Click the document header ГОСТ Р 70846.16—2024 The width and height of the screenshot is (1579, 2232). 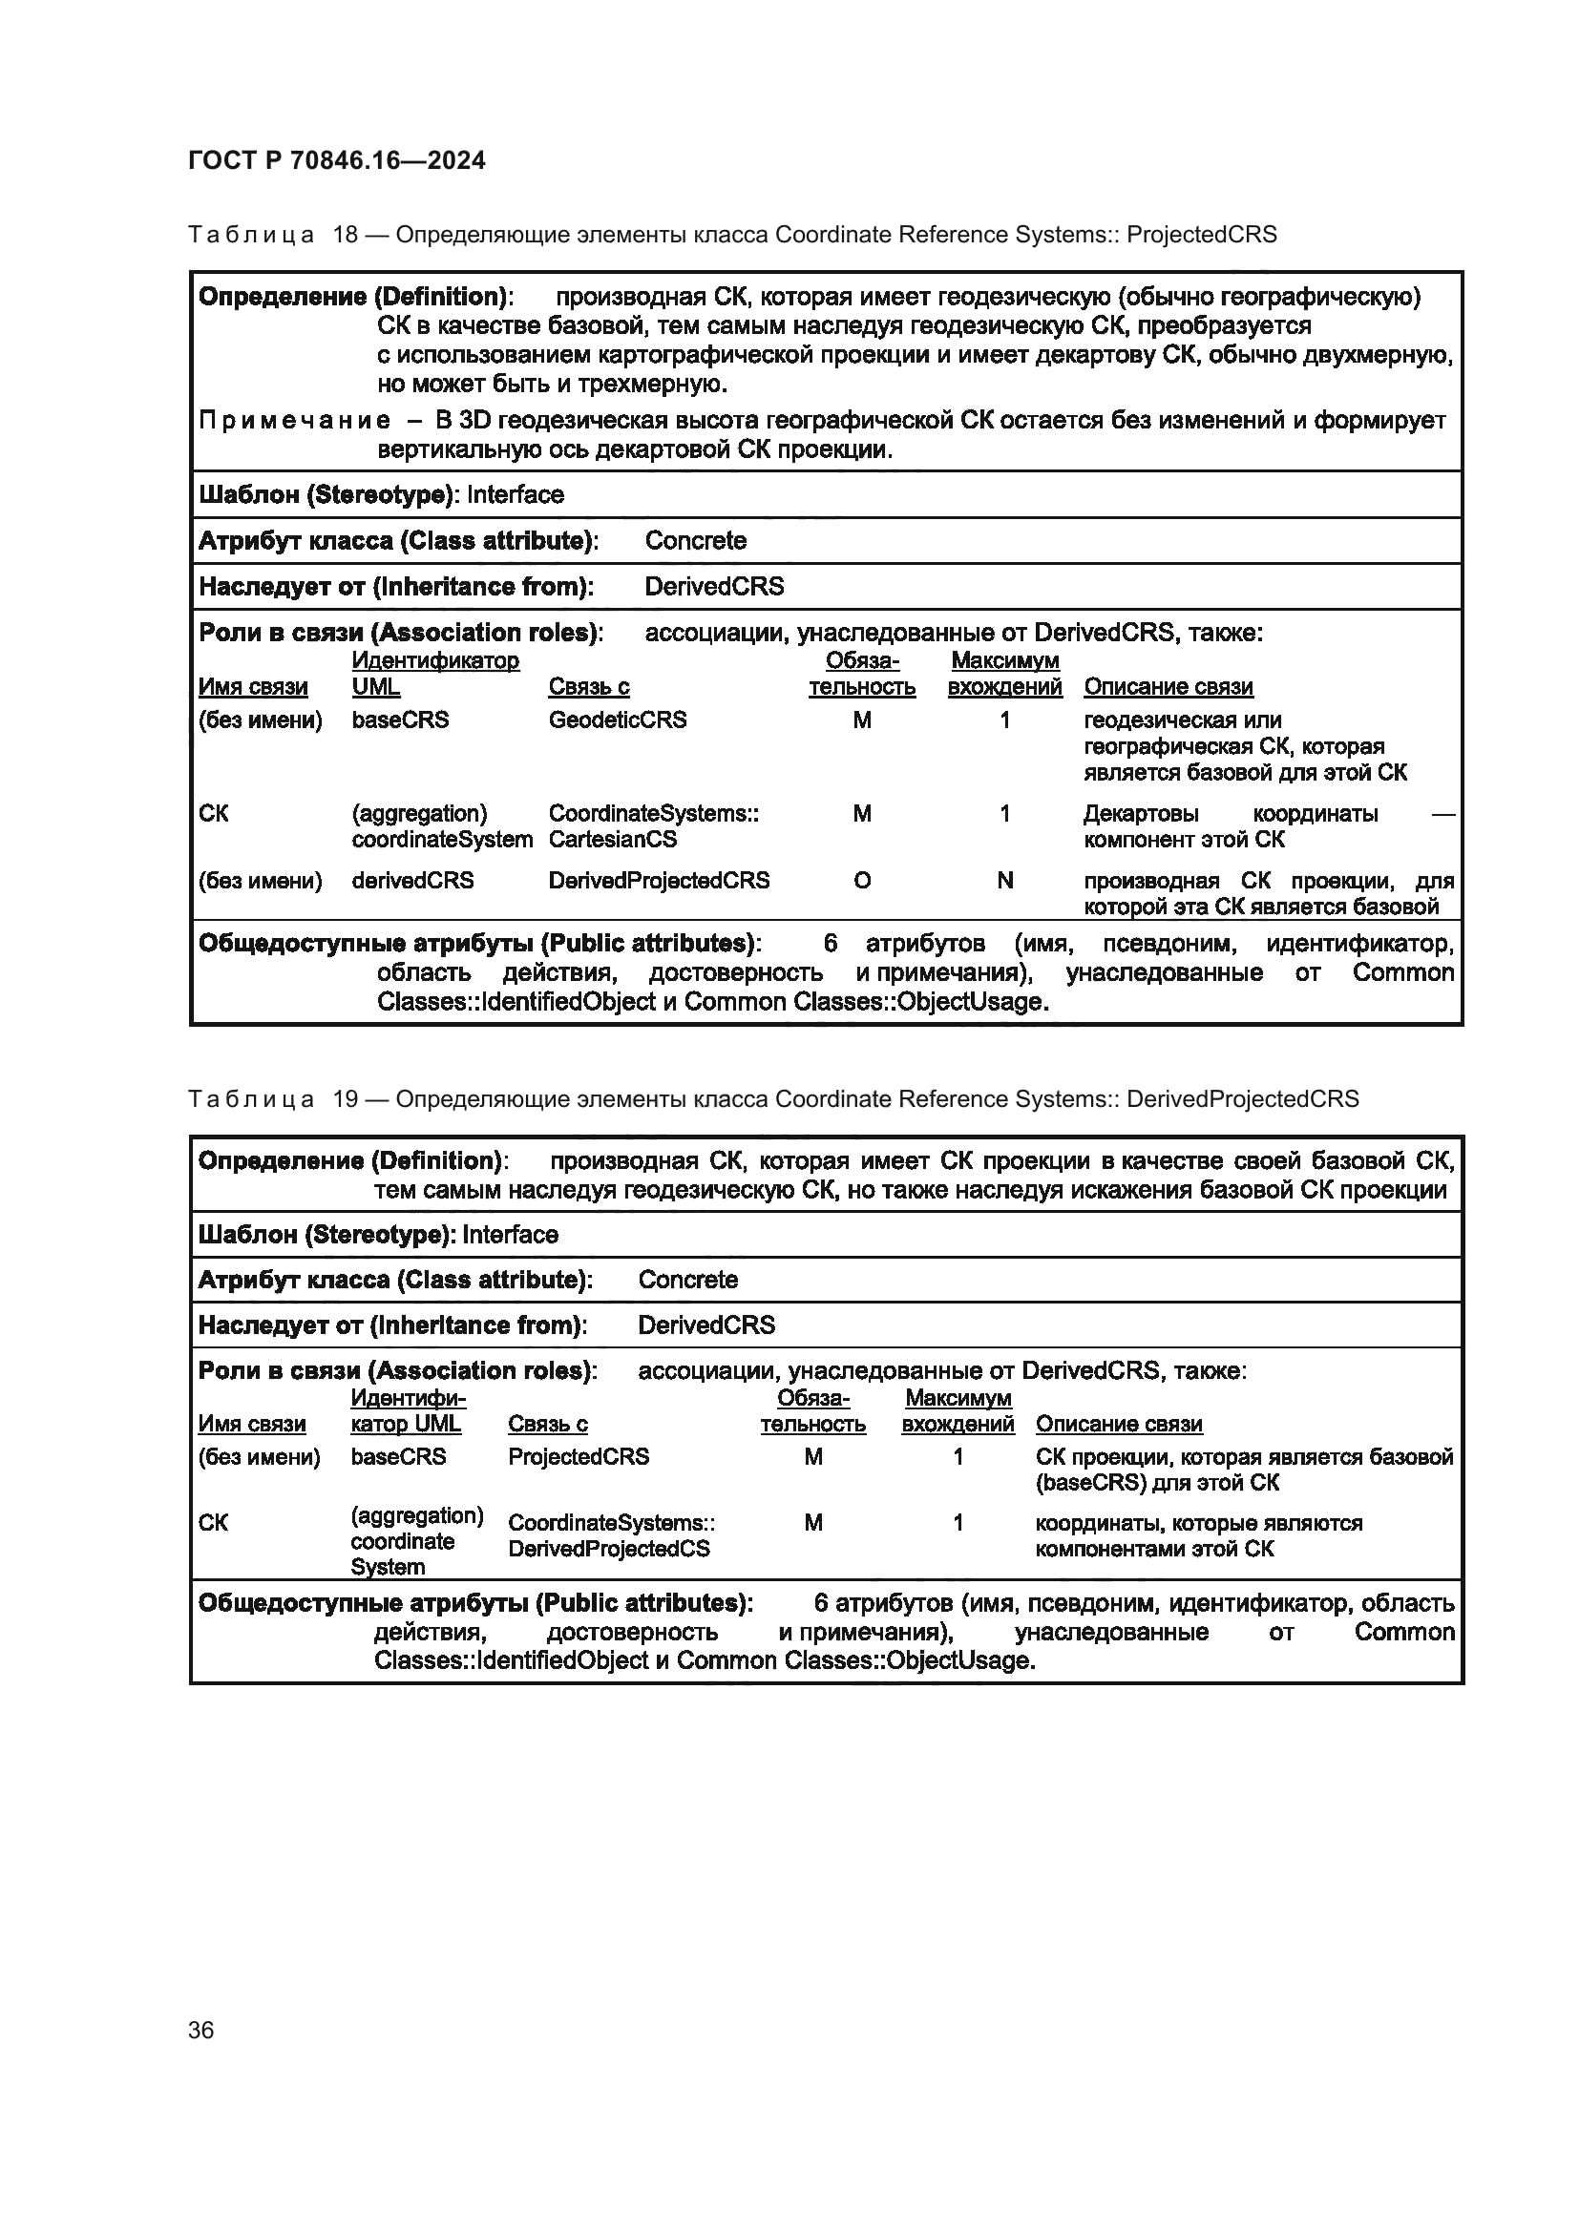coord(336,160)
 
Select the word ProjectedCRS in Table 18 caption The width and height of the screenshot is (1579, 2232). coord(1201,235)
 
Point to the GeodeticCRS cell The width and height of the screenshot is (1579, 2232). coord(617,720)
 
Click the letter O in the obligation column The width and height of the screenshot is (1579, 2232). coord(861,880)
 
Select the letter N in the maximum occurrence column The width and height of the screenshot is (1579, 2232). coord(1004,880)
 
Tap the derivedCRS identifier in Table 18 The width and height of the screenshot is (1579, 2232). coord(412,880)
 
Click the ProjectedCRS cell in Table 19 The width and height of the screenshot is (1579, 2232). coord(578,1456)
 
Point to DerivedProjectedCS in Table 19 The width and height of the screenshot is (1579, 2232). coord(609,1549)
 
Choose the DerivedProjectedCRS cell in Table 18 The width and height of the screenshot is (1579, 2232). coord(659,880)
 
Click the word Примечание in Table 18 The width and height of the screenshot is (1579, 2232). coord(295,420)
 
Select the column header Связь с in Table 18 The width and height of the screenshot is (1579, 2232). coord(588,686)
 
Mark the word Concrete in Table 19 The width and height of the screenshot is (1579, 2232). coord(687,1280)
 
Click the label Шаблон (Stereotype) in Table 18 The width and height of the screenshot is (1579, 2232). coord(326,495)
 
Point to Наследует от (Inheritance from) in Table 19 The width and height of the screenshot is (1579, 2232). coord(391,1325)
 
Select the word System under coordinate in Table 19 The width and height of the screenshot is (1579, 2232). coord(387,1566)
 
